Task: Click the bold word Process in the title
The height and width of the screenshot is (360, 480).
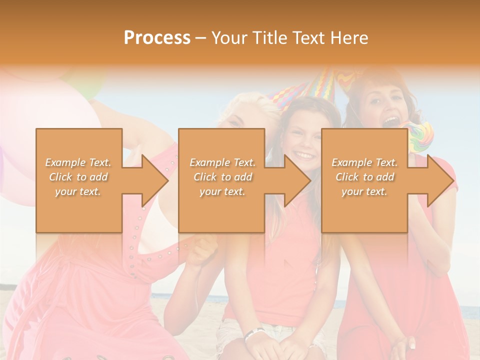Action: pyautogui.click(x=157, y=37)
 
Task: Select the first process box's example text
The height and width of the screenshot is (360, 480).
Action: pyautogui.click(x=78, y=177)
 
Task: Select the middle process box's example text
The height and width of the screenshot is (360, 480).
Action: pyautogui.click(x=222, y=177)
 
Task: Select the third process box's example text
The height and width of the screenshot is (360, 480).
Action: pyautogui.click(x=364, y=177)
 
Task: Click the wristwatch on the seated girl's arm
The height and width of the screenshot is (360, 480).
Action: pyautogui.click(x=254, y=334)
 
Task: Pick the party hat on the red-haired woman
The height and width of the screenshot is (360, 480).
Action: pyautogui.click(x=348, y=78)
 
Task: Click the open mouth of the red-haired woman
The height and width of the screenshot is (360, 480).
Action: pyautogui.click(x=390, y=122)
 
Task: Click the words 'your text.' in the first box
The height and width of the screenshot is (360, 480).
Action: pyautogui.click(x=78, y=191)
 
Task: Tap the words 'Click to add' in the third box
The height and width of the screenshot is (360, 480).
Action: pyautogui.click(x=364, y=177)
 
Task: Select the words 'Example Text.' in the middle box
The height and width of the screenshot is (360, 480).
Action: pyautogui.click(x=222, y=162)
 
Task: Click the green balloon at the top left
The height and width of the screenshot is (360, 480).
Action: pyautogui.click(x=90, y=82)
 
